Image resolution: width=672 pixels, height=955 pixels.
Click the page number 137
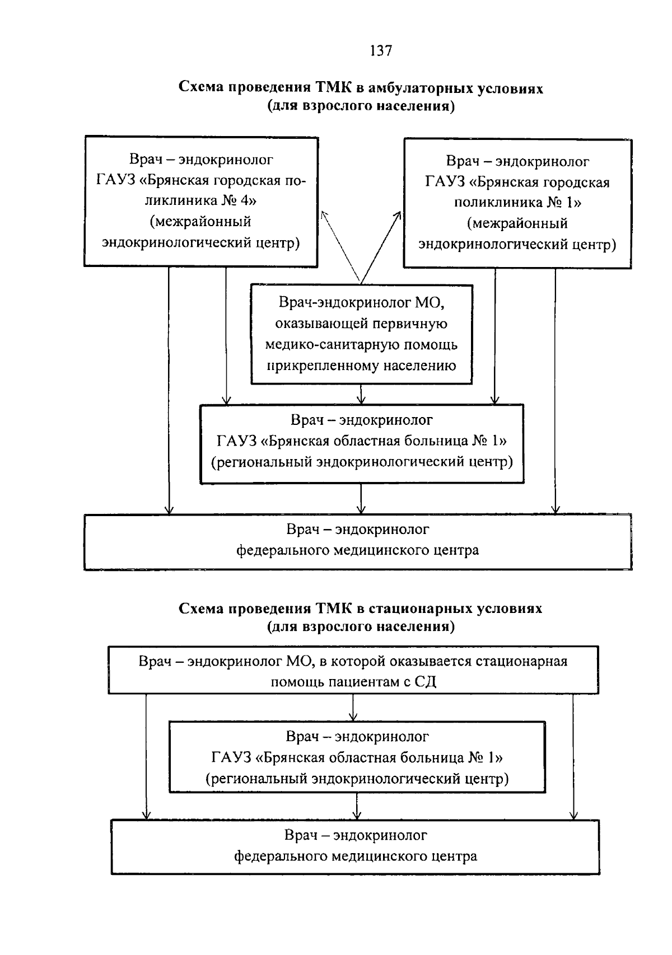(x=381, y=51)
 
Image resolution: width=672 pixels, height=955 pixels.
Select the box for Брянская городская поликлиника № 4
(x=201, y=202)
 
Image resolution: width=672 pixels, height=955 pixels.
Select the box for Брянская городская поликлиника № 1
(x=517, y=203)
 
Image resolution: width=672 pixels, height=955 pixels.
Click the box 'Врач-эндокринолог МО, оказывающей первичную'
(x=362, y=334)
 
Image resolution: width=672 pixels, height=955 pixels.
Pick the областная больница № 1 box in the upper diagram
(x=362, y=442)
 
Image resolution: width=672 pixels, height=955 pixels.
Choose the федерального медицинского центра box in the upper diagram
(x=358, y=541)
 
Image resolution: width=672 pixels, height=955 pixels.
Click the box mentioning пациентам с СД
(x=353, y=671)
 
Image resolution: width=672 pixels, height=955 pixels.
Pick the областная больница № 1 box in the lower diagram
(x=357, y=757)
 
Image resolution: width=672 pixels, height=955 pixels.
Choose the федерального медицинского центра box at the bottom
(x=356, y=846)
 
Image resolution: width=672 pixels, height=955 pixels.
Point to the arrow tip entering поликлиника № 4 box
(x=323, y=213)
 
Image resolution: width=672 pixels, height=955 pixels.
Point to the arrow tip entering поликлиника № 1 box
(x=399, y=213)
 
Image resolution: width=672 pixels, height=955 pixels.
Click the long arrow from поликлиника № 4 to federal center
(x=169, y=392)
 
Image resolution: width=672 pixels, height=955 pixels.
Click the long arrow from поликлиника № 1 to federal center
(x=555, y=392)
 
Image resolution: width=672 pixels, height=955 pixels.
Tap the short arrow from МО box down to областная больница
(x=361, y=394)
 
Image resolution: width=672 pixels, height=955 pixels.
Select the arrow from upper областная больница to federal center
(x=361, y=498)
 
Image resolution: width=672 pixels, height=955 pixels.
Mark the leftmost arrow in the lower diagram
(x=146, y=756)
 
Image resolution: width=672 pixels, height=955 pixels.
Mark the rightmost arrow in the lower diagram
(x=573, y=756)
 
